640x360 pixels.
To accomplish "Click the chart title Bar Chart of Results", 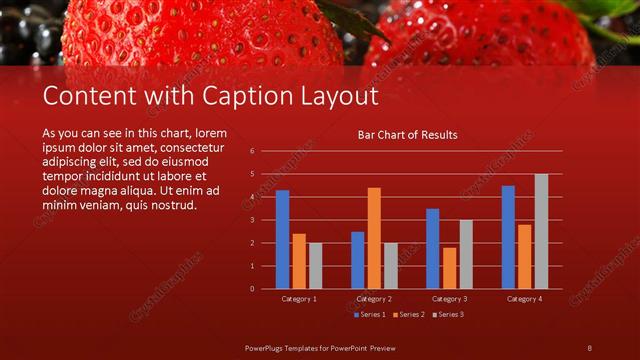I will (x=407, y=134).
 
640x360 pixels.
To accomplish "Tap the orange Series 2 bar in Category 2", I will (x=374, y=238).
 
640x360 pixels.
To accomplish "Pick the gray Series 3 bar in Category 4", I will (x=541, y=231).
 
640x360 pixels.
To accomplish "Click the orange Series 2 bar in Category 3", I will (x=449, y=268).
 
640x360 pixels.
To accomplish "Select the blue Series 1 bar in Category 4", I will (x=508, y=237).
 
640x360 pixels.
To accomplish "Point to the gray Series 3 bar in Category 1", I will (x=315, y=265).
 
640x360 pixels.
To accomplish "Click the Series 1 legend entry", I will (x=369, y=314).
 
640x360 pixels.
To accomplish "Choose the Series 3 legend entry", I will (x=448, y=314).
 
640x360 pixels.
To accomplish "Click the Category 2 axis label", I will (x=374, y=299).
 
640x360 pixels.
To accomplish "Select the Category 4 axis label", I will (x=524, y=299).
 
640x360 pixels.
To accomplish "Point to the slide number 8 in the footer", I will (x=589, y=347).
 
